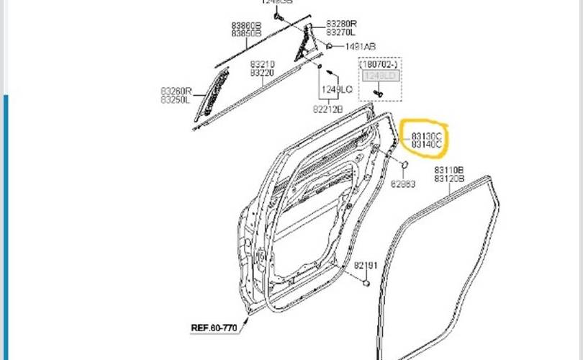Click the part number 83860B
246,25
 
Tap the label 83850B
246,33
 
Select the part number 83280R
340,24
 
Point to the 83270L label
340,32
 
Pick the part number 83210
263,64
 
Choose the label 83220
263,73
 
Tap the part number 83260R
176,91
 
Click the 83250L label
176,99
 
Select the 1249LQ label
337,89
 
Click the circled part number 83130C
428,136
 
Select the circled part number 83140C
428,145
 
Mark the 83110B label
449,170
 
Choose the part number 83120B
449,178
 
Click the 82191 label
365,266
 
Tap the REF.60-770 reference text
214,328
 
